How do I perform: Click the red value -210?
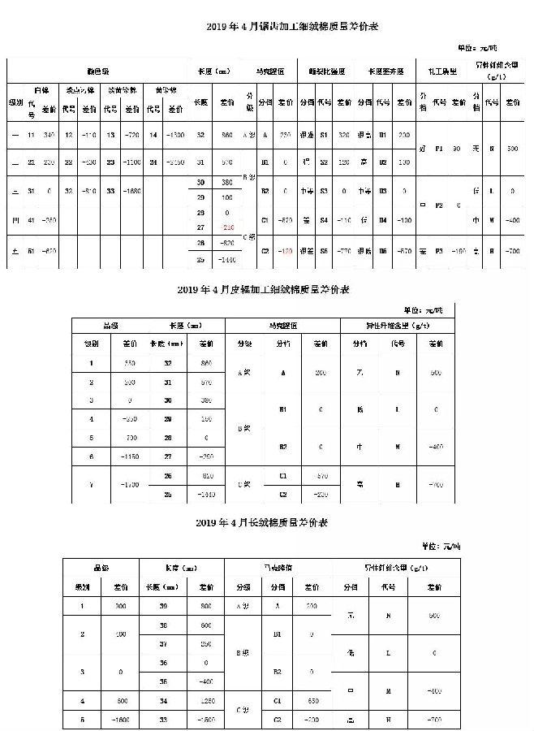click(x=227, y=227)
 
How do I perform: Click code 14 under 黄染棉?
click(x=153, y=135)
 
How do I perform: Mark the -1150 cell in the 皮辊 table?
click(x=129, y=457)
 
